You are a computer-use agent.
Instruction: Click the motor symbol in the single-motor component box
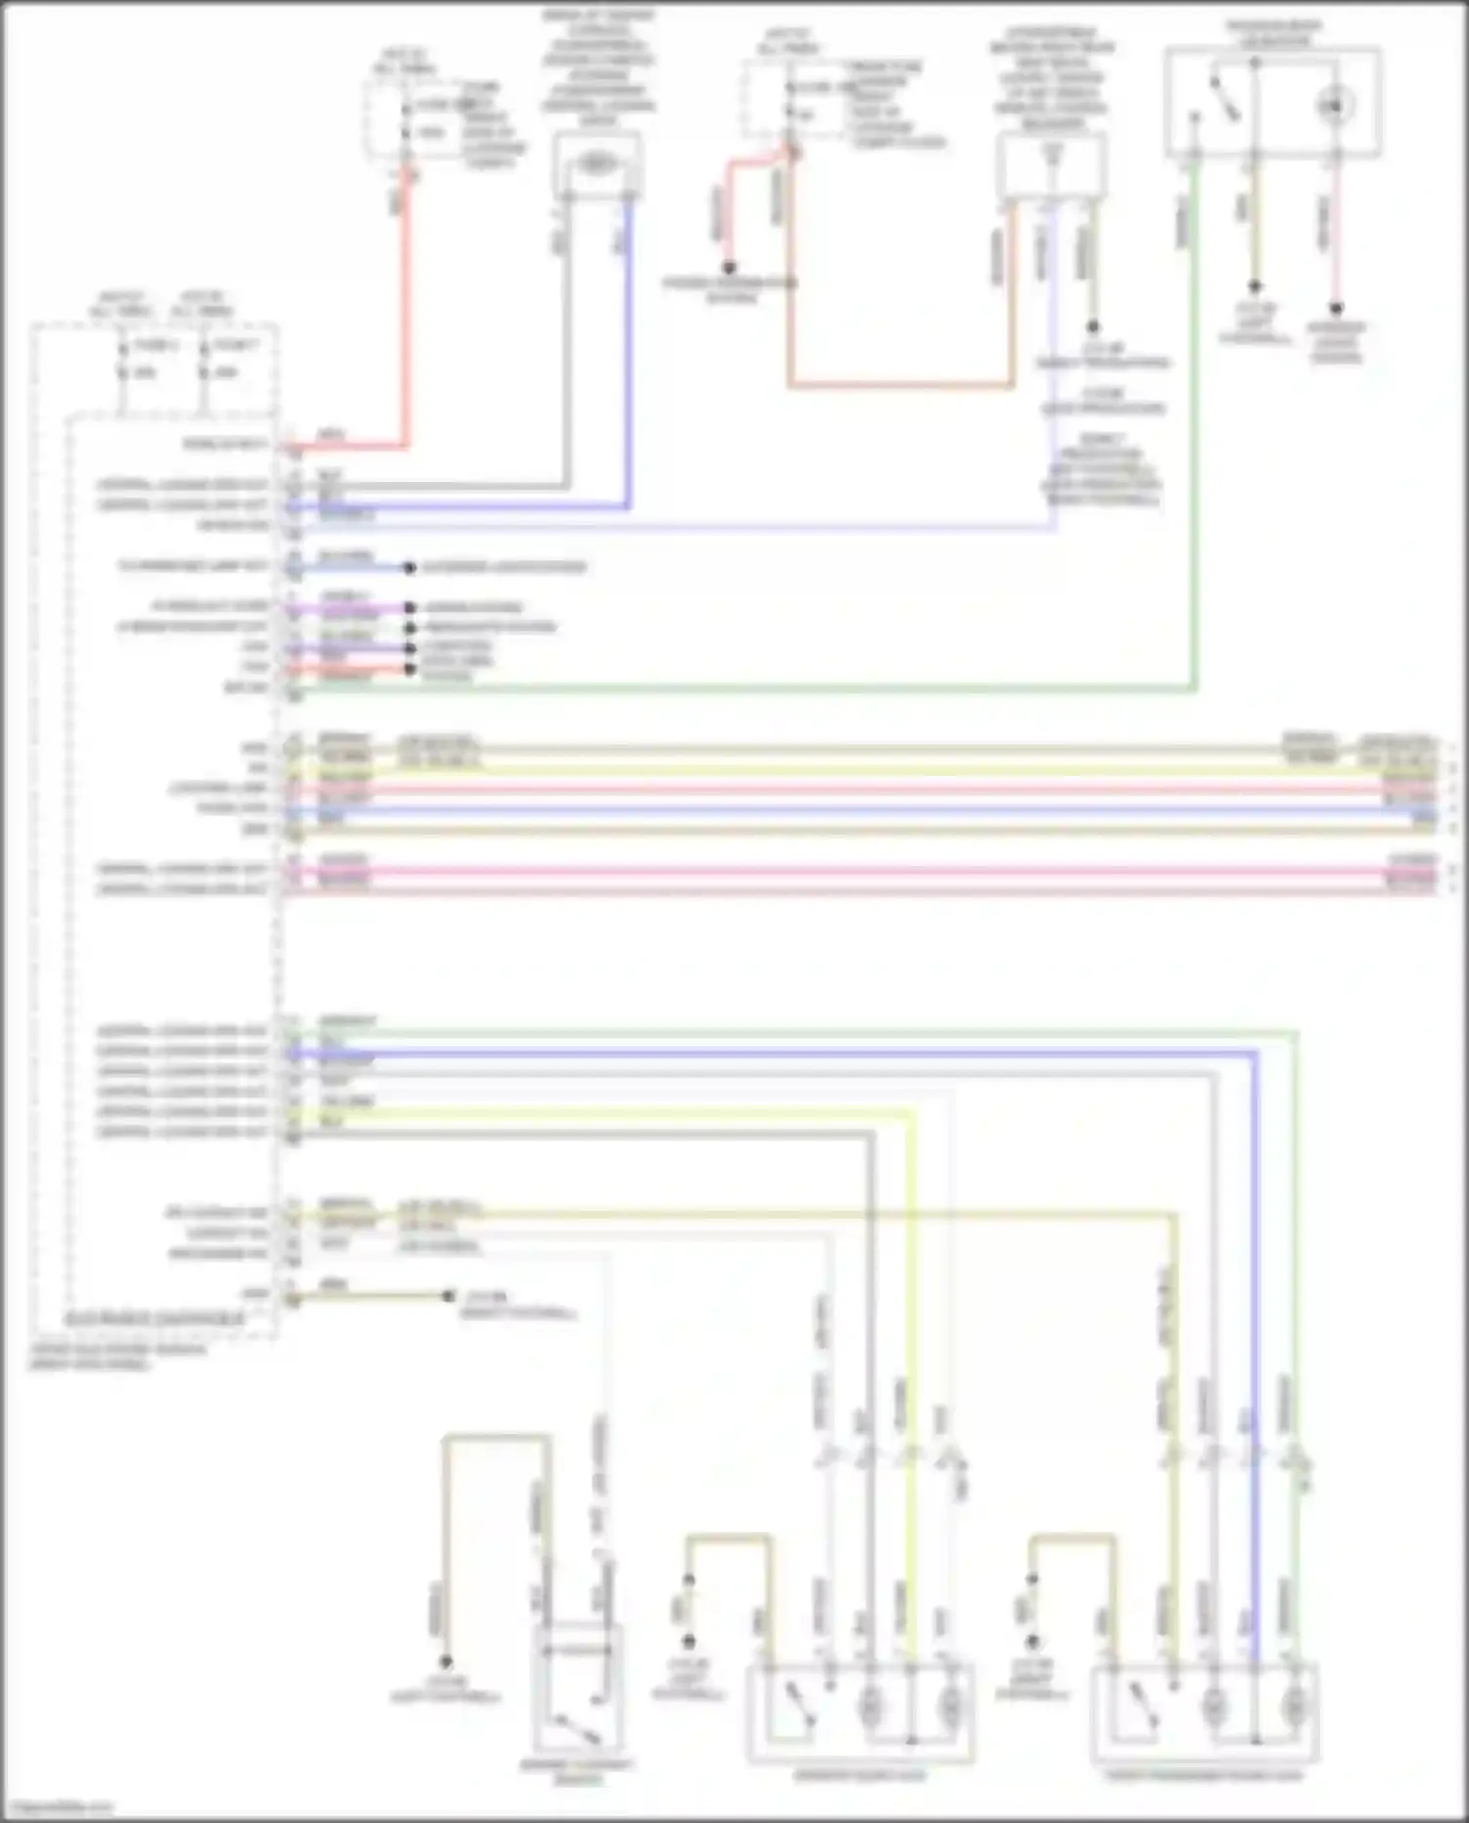pos(1334,104)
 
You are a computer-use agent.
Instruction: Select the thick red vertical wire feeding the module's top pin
pos(403,313)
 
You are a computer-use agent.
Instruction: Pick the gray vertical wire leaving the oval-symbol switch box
pos(567,343)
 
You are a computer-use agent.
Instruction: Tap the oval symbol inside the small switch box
pos(595,164)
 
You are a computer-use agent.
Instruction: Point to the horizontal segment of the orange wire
pos(901,386)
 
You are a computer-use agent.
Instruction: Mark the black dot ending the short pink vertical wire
pos(1336,308)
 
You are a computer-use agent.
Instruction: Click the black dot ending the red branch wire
pos(730,266)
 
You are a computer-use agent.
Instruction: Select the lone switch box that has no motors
pos(578,1685)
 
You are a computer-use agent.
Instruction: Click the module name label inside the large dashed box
pos(155,1319)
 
